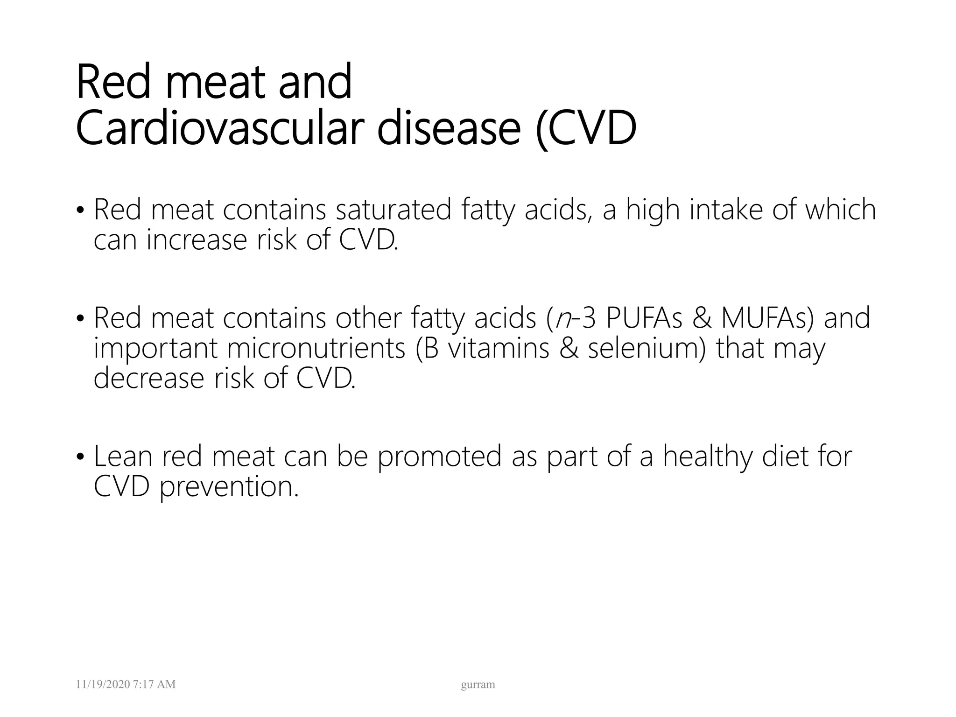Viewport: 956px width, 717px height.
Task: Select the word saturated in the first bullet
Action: click(394, 210)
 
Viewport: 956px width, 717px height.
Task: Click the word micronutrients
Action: click(316, 349)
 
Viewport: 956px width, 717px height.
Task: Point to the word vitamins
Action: click(498, 349)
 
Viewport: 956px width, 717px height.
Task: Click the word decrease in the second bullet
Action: click(149, 379)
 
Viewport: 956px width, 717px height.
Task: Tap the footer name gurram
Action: click(478, 685)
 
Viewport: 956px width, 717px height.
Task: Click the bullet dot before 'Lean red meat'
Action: click(80, 457)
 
